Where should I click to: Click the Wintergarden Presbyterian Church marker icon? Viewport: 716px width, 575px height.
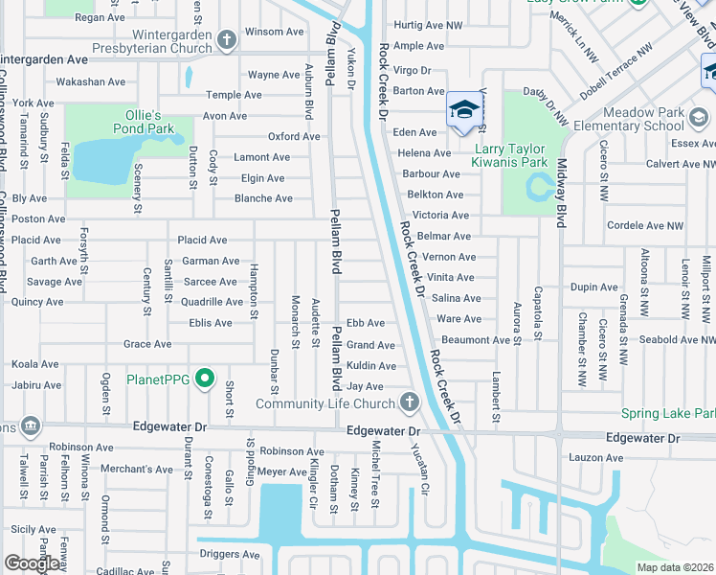click(x=226, y=40)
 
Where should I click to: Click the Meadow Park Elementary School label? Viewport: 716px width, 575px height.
click(x=651, y=119)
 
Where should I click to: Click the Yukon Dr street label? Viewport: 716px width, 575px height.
click(x=351, y=68)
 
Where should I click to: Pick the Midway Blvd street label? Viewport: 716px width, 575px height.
click(x=562, y=193)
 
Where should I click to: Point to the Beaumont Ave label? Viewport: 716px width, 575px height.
click(x=475, y=340)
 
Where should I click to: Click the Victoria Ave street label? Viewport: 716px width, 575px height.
click(x=439, y=216)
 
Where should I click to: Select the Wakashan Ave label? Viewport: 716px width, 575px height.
click(x=91, y=82)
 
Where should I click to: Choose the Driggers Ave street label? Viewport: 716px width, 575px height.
click(x=229, y=554)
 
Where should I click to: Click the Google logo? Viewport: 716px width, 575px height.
click(x=32, y=563)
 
